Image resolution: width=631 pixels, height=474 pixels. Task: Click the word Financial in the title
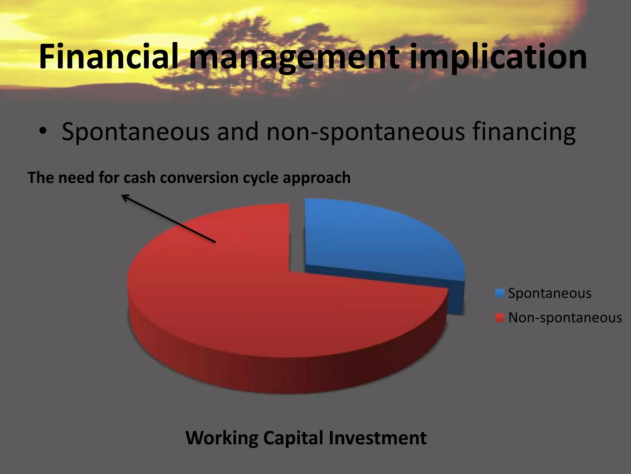(x=108, y=57)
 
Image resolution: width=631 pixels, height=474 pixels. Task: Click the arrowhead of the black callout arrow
(x=124, y=196)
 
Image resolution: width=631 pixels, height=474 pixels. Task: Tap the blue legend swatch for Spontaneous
(x=499, y=293)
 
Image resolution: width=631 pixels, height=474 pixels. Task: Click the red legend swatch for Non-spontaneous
(x=499, y=318)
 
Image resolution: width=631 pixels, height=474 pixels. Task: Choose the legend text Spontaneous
(x=550, y=293)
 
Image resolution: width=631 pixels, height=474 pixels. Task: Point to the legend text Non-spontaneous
(x=565, y=318)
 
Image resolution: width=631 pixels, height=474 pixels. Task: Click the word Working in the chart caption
(x=222, y=438)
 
